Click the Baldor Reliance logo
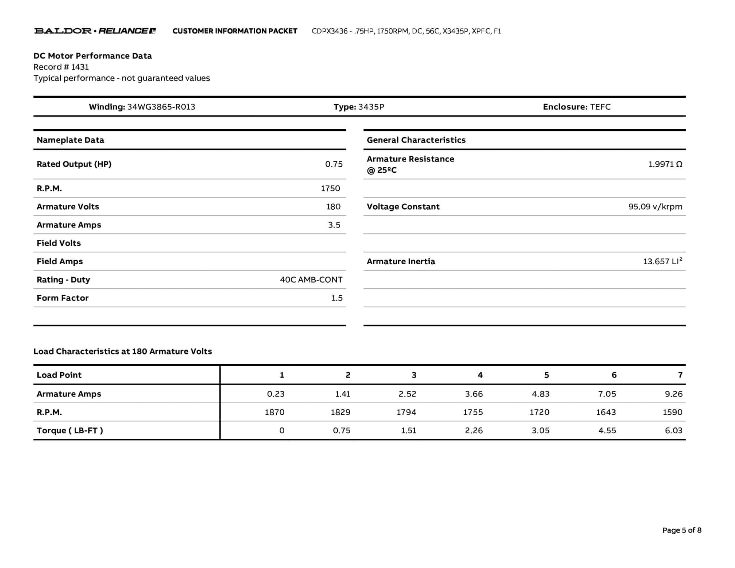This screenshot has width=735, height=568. coord(95,31)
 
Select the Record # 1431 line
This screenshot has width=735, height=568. coord(61,67)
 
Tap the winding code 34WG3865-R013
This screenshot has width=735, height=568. coord(161,107)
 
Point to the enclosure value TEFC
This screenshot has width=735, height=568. coord(600,107)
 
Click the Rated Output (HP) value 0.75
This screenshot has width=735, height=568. coord(334,164)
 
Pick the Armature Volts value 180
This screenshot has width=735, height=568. coord(333,207)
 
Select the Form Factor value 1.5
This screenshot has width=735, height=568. coord(337,298)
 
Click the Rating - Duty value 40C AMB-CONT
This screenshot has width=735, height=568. coord(311,280)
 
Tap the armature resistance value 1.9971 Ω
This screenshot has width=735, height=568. coord(665,164)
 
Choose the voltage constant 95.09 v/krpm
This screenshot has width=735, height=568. coord(655,207)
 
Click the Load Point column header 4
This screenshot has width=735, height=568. coord(480,375)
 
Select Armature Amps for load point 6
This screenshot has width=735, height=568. coord(607,394)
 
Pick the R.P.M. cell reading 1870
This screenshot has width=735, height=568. coord(275,412)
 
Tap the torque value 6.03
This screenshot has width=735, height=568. coord(673,430)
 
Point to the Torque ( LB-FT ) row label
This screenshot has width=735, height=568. coord(70,430)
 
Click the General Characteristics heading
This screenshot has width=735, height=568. coord(416,140)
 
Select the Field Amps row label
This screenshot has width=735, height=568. coord(60,261)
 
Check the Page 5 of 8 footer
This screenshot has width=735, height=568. coord(682,530)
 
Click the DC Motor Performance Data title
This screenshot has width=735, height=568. coord(93,56)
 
